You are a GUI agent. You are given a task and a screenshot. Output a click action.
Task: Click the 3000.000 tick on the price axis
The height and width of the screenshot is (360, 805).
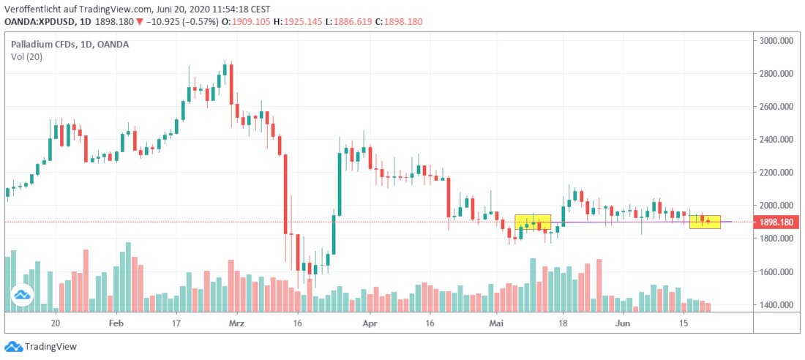(776, 41)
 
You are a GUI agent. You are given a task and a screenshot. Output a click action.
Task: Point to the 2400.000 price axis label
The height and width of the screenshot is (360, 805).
(776, 140)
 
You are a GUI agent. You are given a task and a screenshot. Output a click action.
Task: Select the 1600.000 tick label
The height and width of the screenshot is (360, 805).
(776, 272)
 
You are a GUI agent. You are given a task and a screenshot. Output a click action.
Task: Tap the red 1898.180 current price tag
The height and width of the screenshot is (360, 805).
(776, 222)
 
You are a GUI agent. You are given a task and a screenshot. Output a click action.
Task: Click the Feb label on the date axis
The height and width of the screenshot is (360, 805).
(116, 322)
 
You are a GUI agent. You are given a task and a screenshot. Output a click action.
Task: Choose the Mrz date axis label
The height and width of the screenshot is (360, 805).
(236, 322)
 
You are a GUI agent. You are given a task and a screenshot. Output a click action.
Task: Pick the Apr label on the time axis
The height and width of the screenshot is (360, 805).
(370, 322)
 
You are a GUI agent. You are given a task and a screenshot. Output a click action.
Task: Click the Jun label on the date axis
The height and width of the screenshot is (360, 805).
(624, 322)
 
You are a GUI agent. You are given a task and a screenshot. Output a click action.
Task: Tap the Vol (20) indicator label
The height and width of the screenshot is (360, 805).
(26, 57)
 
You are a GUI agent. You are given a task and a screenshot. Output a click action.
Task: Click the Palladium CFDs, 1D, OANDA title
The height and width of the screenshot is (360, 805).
(70, 45)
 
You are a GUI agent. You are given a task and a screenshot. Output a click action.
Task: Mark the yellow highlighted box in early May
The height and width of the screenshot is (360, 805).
(533, 222)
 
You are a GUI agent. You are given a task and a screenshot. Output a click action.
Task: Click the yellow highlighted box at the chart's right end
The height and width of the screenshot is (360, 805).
(705, 221)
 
